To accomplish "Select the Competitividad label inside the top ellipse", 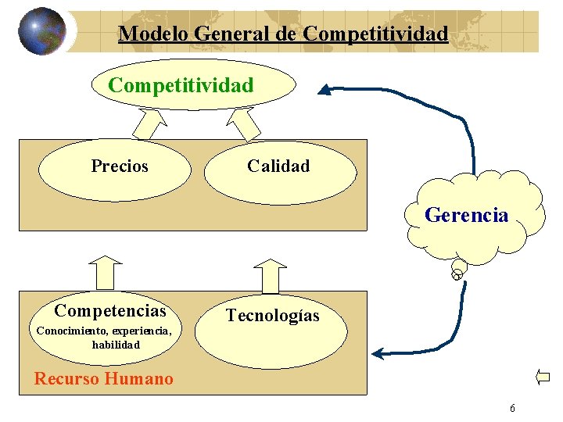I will coord(181,85).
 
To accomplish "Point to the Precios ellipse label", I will coord(120,166).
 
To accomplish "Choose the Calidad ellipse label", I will coord(278,166).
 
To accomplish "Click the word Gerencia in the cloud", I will coord(466,215).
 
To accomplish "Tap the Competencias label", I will coord(110,312).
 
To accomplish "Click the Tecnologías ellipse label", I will coord(273,316).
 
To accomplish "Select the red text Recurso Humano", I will coord(104,379).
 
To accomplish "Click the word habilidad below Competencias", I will coord(115,344).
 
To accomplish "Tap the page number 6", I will coord(511,408).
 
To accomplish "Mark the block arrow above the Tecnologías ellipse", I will coord(271,274).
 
